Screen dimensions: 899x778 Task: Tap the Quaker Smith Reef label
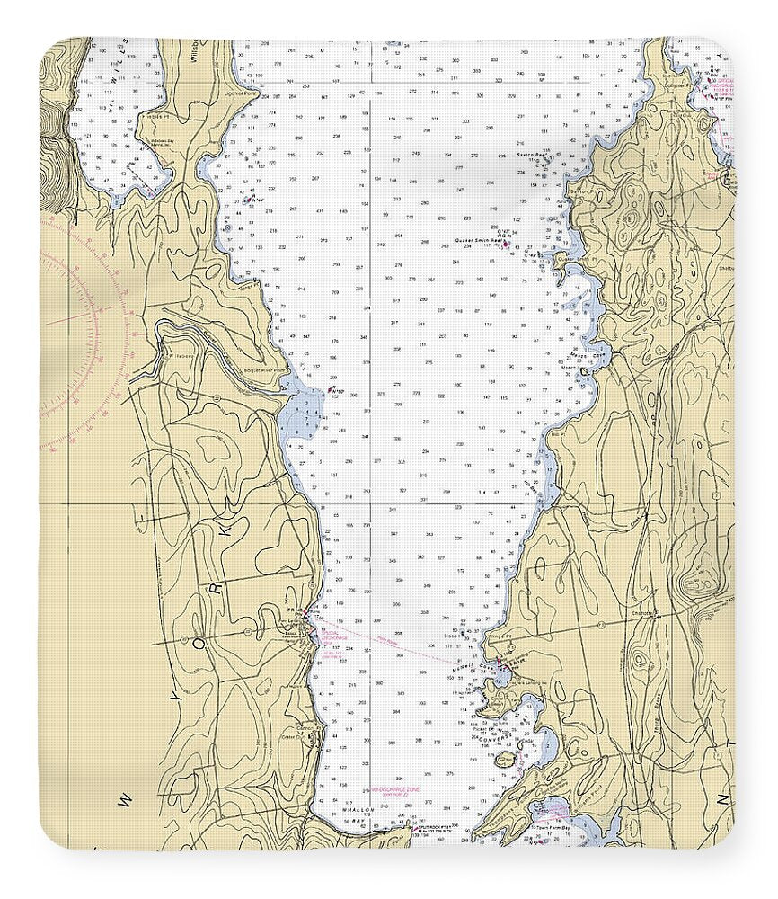coord(478,241)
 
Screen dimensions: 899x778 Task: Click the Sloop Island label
coord(450,636)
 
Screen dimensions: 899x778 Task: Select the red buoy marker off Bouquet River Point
coord(330,390)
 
